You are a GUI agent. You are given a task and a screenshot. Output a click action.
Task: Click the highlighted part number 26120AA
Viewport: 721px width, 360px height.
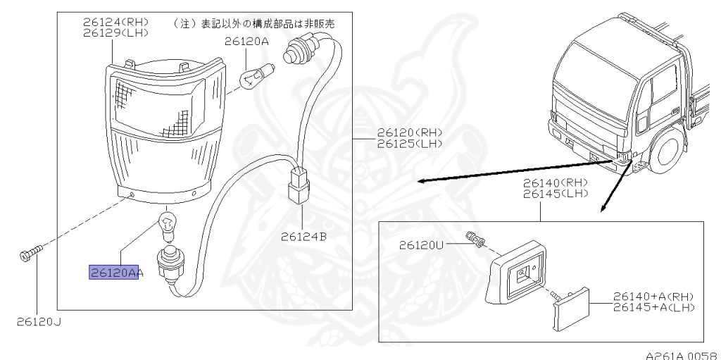click(113, 273)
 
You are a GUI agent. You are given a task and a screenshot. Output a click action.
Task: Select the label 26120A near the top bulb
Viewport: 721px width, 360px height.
click(247, 42)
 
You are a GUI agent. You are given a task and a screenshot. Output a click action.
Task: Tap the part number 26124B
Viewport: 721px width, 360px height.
click(303, 237)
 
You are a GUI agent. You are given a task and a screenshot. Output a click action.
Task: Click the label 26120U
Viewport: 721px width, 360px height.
click(421, 245)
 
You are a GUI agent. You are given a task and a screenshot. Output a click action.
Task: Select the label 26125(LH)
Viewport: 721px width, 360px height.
click(409, 143)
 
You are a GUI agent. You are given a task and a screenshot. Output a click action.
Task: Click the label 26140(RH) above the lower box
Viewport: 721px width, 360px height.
click(556, 182)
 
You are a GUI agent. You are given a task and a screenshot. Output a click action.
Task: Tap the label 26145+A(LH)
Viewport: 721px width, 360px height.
click(654, 307)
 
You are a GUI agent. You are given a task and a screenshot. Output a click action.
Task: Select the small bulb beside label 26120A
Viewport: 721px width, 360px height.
click(253, 77)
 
